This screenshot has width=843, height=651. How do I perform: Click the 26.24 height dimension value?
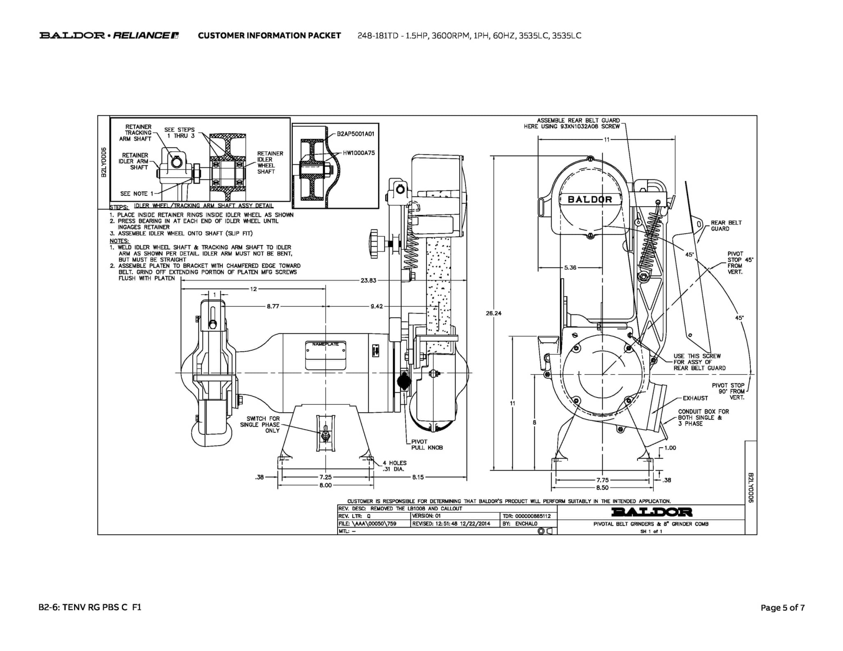[x=494, y=313]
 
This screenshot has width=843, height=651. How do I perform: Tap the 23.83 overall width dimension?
[x=368, y=281]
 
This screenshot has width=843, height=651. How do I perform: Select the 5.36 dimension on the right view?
[x=570, y=267]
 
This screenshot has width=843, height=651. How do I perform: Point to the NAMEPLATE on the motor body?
[x=325, y=344]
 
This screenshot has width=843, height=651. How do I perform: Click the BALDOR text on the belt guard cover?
[x=590, y=200]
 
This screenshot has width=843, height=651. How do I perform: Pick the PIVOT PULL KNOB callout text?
[x=427, y=444]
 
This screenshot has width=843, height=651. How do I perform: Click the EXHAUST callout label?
[x=695, y=398]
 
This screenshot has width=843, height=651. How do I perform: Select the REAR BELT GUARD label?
[x=726, y=226]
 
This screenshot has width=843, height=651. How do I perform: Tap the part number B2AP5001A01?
[x=355, y=134]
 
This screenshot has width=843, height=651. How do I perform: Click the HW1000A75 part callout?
[x=359, y=153]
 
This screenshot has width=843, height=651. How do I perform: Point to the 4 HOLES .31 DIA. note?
[x=394, y=466]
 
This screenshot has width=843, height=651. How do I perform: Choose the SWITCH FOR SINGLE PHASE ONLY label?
[x=263, y=425]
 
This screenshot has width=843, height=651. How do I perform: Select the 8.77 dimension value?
[x=273, y=306]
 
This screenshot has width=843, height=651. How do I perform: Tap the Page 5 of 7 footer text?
[x=782, y=607]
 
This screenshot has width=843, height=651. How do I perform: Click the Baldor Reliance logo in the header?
[x=109, y=35]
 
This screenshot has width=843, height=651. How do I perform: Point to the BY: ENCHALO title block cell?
[x=519, y=524]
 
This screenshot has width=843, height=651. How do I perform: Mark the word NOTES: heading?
[x=119, y=241]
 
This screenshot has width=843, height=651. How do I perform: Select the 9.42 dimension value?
[x=377, y=306]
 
